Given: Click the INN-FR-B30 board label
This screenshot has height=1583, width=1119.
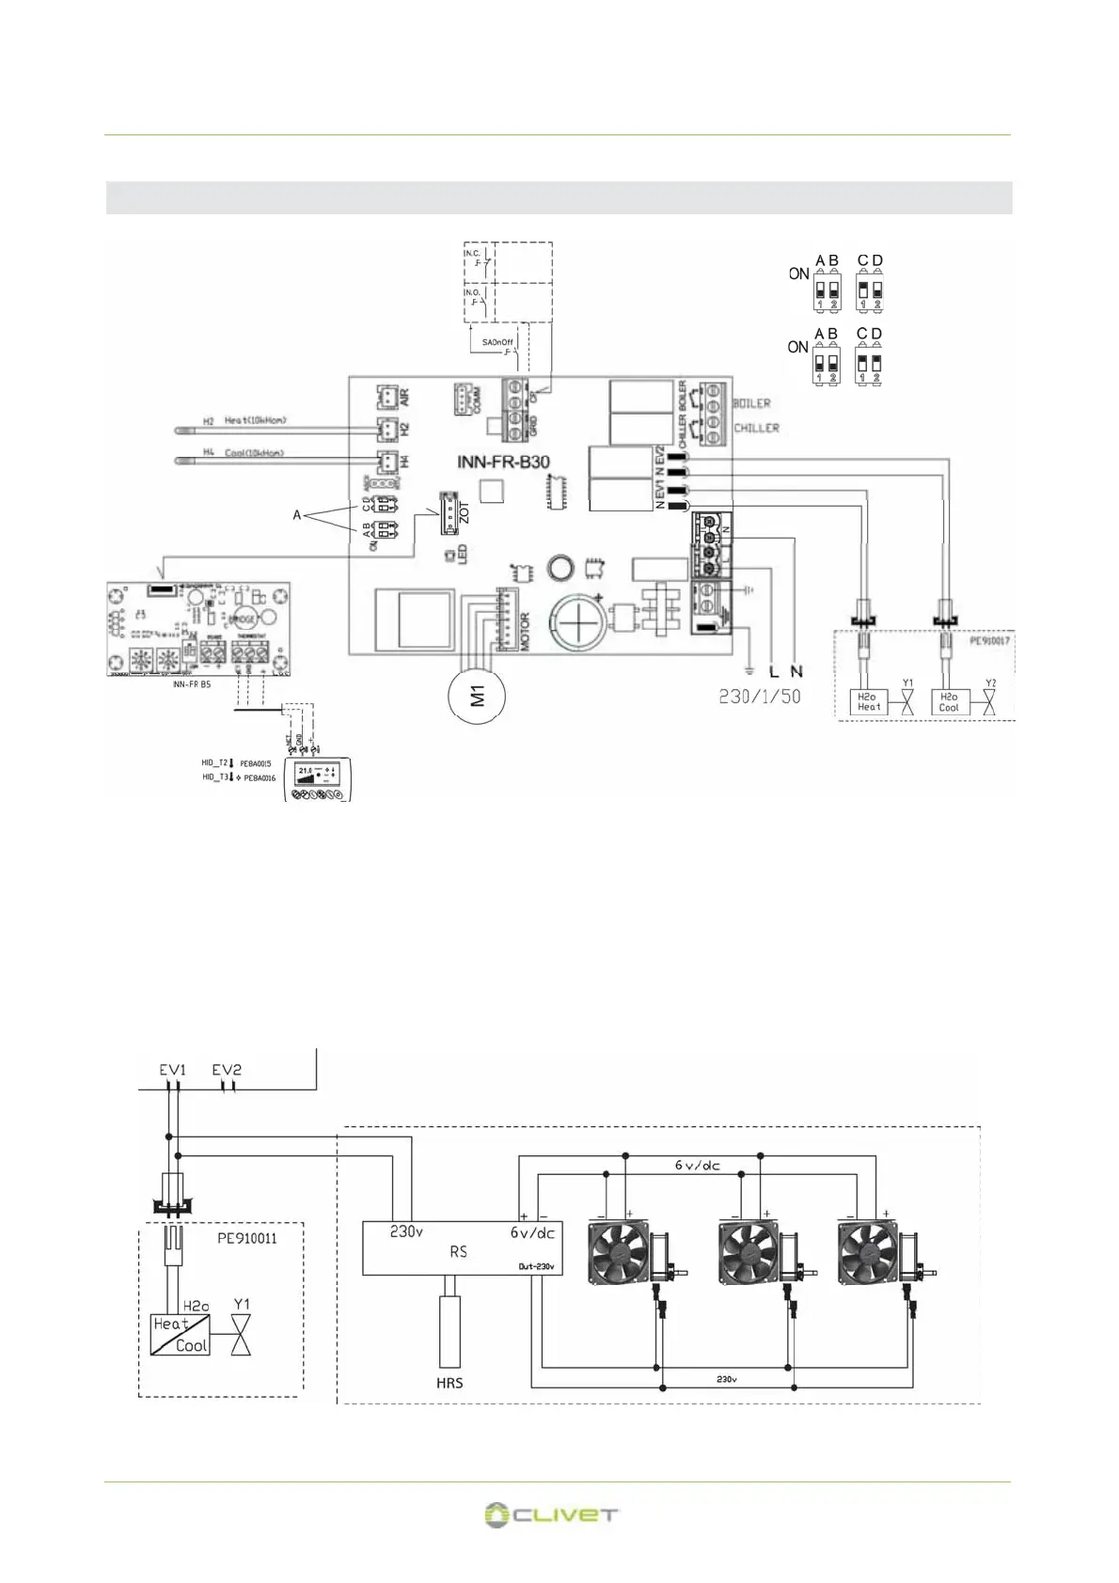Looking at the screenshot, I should (x=503, y=462).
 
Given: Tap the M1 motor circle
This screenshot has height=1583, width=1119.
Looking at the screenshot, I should (x=479, y=697).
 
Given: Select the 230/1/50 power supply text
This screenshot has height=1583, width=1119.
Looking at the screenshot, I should (x=760, y=697).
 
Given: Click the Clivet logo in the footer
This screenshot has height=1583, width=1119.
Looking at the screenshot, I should (x=551, y=1514).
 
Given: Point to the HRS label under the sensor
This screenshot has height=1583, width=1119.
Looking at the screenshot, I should (x=449, y=1383).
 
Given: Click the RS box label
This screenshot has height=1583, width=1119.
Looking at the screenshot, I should (x=458, y=1252).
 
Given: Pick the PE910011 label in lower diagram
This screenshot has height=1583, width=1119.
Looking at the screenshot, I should (x=247, y=1238).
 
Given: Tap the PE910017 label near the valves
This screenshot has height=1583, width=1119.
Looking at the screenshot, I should (x=989, y=641).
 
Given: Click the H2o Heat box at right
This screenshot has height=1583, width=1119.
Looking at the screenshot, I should (x=868, y=702).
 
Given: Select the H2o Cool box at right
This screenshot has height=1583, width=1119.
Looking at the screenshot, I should (x=949, y=702).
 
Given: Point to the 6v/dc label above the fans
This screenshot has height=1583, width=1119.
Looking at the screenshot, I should (x=697, y=1166).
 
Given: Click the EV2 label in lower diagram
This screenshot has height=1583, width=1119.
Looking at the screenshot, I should (x=227, y=1070).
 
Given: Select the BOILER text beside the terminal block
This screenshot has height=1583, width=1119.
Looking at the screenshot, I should (x=751, y=403).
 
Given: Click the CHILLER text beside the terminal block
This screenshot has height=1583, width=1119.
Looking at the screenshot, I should (x=756, y=428).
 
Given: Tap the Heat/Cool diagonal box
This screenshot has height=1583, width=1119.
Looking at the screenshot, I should (x=181, y=1335).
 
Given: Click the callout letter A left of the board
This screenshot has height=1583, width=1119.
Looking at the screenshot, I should (x=297, y=515).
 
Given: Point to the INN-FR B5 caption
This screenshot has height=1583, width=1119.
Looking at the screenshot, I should (x=192, y=684).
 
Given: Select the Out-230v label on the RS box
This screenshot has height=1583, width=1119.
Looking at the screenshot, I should (x=536, y=1266).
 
